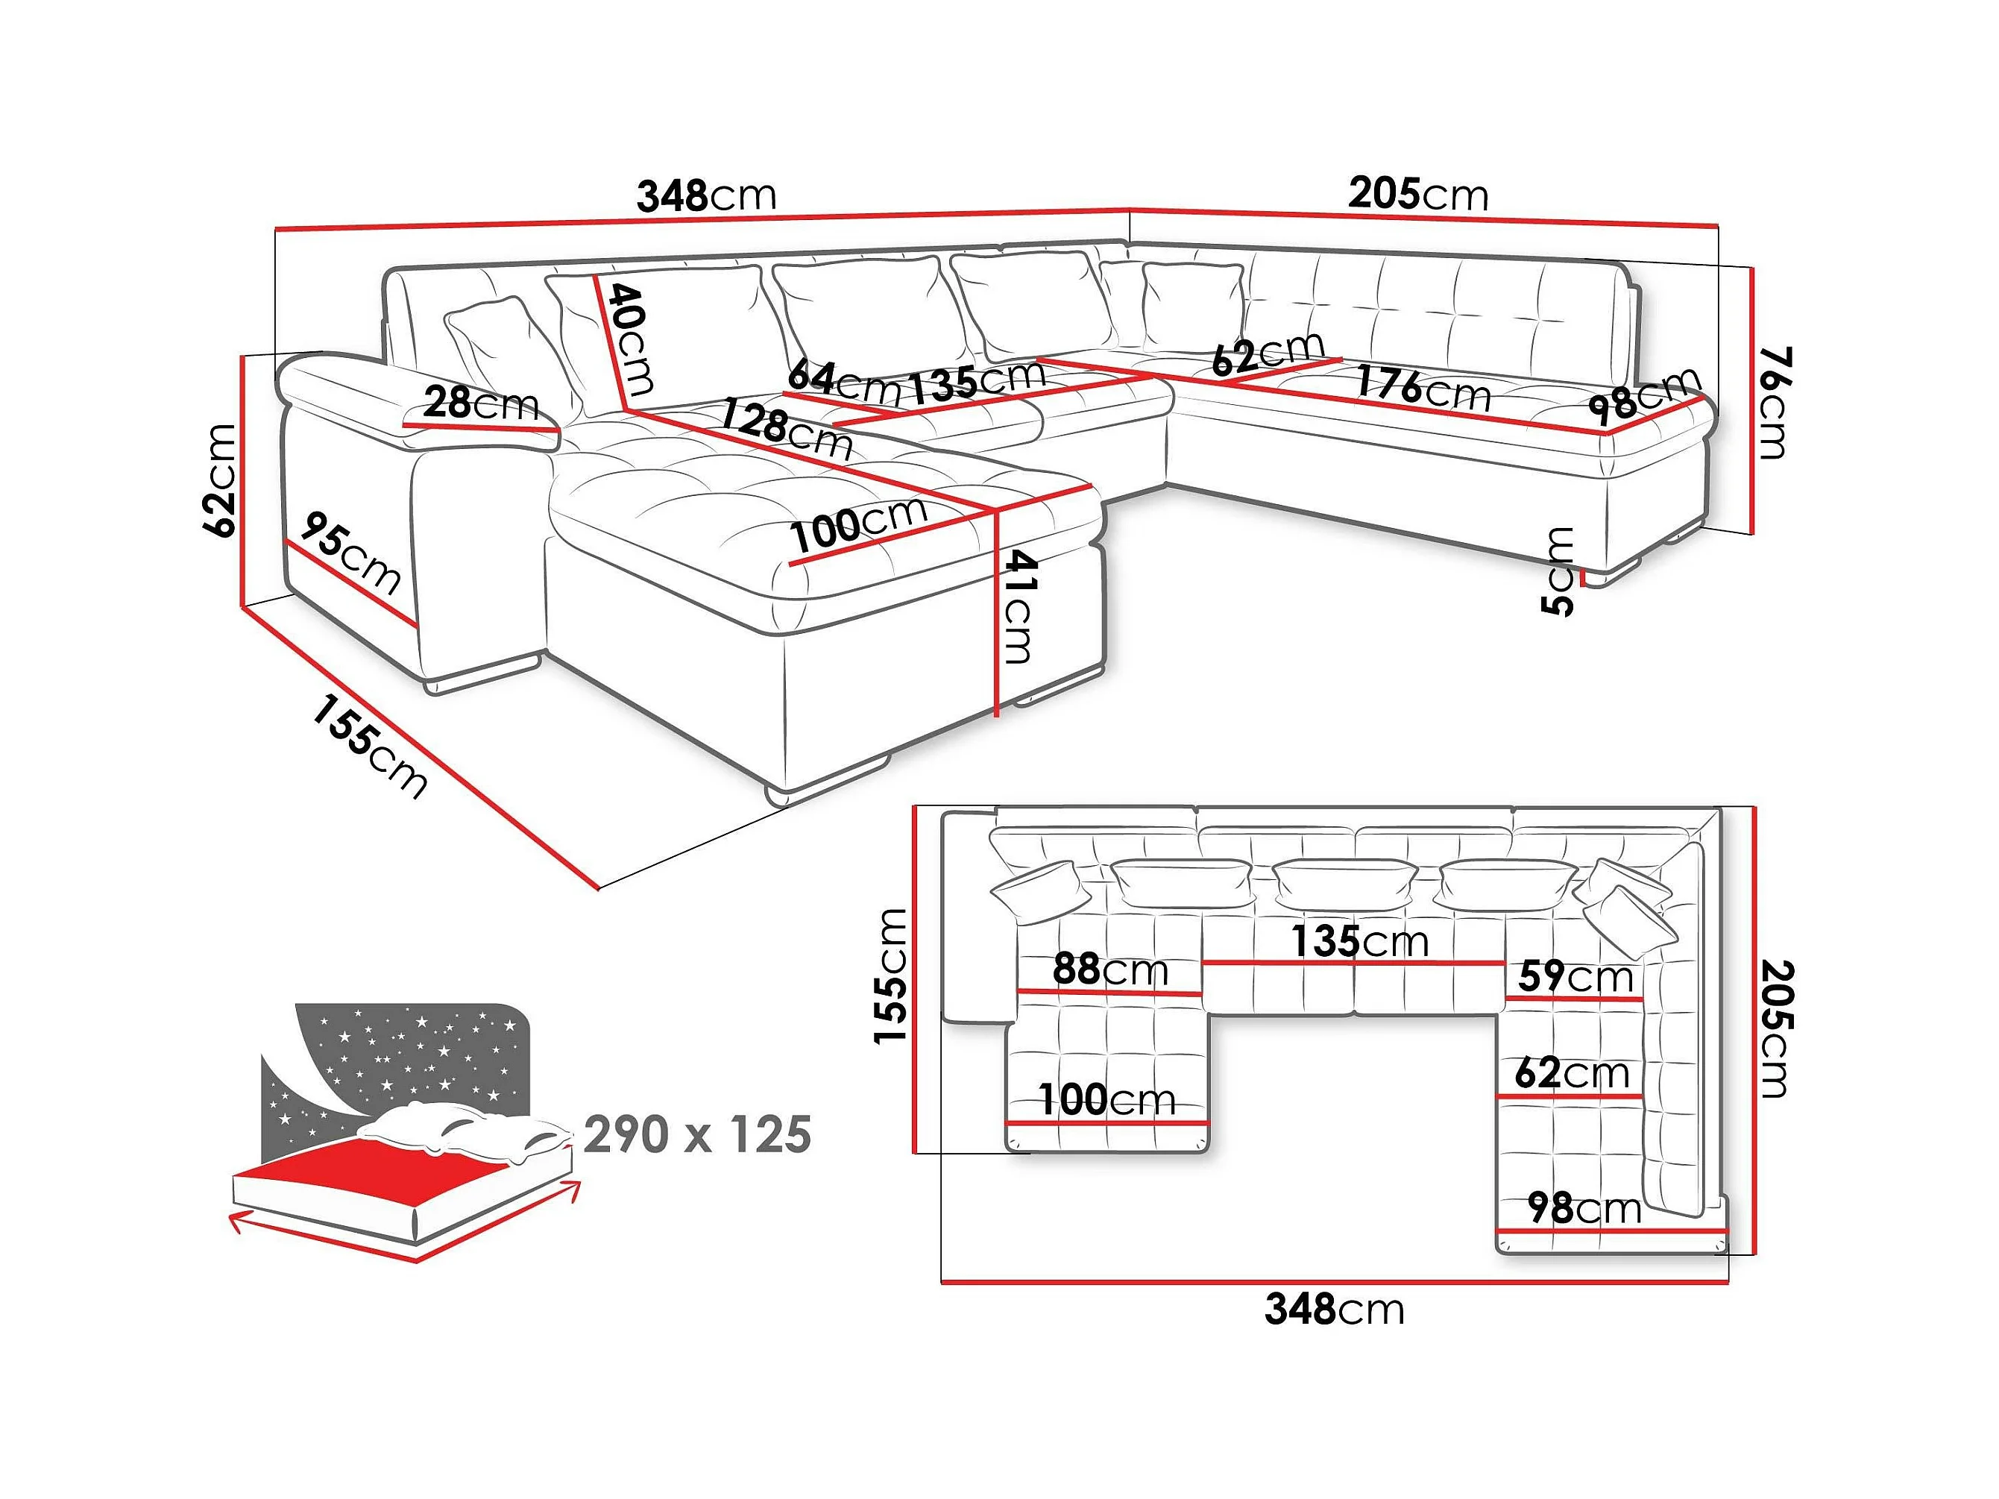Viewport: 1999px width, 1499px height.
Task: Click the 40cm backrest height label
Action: point(631,340)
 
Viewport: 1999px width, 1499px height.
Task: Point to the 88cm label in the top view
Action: point(1109,970)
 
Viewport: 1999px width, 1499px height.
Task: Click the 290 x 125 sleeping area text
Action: point(696,1134)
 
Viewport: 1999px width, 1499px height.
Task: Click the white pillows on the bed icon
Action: point(461,1130)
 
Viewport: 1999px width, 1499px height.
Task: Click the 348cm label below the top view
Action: point(1334,1308)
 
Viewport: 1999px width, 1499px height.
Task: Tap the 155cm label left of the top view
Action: point(891,975)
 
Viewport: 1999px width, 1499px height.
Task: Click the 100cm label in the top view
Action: point(1106,1099)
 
